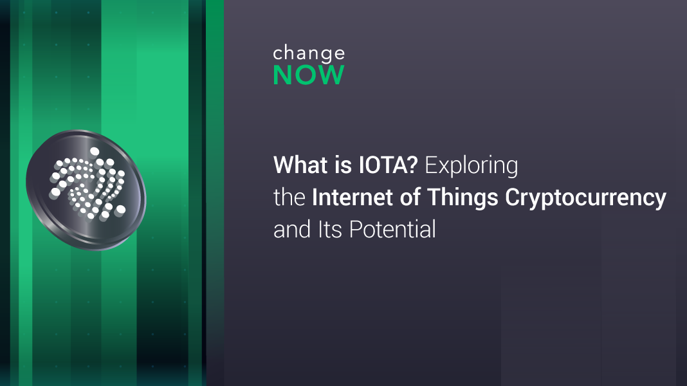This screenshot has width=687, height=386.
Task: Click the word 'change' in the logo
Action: (x=309, y=53)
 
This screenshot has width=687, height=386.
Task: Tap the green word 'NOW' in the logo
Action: (x=309, y=75)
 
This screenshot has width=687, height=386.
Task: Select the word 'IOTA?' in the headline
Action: (x=388, y=165)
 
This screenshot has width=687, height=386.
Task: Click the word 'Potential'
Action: (x=392, y=229)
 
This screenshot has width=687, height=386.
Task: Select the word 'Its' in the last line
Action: (x=330, y=229)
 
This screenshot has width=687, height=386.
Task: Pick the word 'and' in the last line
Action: (x=292, y=229)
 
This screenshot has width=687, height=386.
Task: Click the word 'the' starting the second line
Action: (x=289, y=197)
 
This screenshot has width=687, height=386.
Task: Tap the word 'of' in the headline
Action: (x=410, y=197)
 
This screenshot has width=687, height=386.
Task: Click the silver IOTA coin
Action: (x=86, y=190)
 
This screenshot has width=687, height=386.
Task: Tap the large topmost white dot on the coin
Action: (x=94, y=152)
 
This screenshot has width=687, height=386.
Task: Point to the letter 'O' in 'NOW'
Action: (x=309, y=75)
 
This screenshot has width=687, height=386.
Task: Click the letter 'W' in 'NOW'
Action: (x=333, y=75)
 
